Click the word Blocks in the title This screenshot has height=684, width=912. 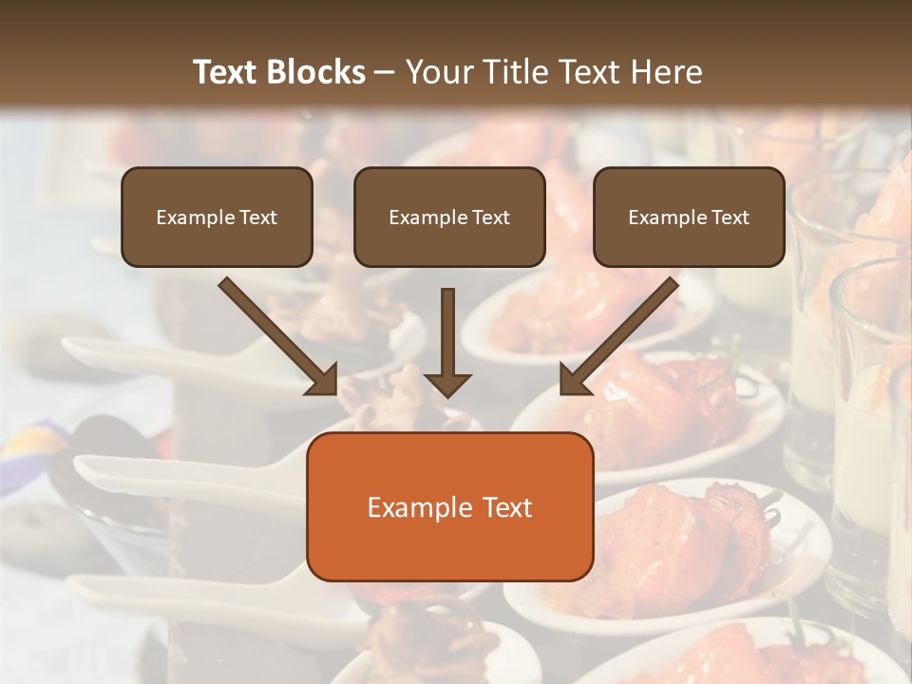[318, 72]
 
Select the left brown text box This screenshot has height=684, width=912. [217, 217]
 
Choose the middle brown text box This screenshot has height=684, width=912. [449, 217]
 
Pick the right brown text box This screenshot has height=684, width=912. [689, 217]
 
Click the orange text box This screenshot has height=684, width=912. [449, 506]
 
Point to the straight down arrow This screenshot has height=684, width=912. [447, 342]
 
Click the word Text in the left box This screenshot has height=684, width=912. [258, 218]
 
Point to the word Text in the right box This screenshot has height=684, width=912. [731, 218]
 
